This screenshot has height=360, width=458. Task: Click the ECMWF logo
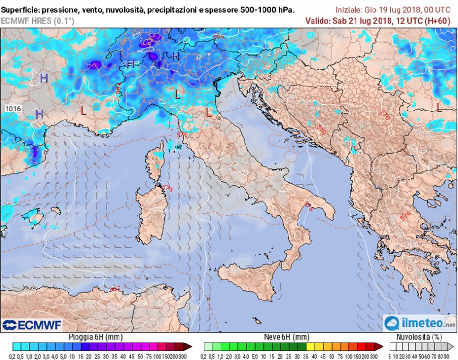pyautogui.click(x=32, y=325)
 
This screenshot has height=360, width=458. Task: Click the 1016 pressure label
pyautogui.click(x=13, y=109)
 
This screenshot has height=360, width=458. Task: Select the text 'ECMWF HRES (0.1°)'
pyautogui.click(x=33, y=20)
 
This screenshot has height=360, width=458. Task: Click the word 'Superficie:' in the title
pyautogui.click(x=20, y=9)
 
